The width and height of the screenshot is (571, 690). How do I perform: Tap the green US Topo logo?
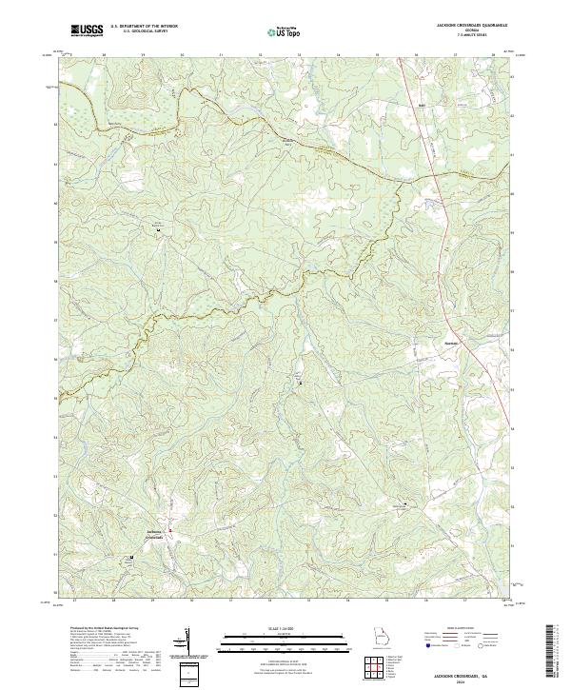[285, 31]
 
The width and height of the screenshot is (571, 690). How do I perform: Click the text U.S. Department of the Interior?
[144, 26]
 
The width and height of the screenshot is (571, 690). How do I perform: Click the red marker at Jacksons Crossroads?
[170, 529]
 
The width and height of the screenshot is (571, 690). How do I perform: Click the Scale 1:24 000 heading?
[285, 627]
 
